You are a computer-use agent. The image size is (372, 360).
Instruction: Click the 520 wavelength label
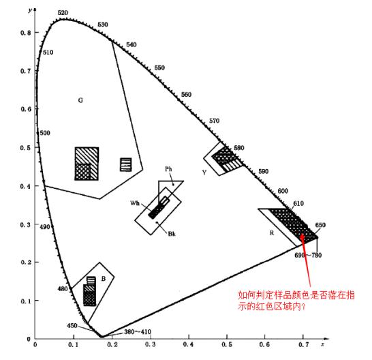pos(63,13)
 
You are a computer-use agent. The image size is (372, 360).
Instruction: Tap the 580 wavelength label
pos(239,148)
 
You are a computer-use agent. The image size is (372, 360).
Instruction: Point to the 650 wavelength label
pos(320,225)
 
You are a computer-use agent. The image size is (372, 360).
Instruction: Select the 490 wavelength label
pos(45,227)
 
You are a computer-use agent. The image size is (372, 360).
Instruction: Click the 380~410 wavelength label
pos(138,331)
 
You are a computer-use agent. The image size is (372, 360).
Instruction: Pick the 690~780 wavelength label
pos(308,255)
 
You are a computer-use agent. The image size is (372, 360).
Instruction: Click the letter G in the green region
pos(80,100)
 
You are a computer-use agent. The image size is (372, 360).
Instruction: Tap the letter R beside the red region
pos(272,233)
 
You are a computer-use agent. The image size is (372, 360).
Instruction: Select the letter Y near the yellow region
pos(204,172)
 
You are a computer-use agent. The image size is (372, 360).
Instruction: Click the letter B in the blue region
pos(104,279)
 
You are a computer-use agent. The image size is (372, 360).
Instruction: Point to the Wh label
pos(135,203)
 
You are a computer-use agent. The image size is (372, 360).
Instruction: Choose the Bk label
pos(172,234)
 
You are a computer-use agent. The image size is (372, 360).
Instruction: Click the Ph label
pos(168,169)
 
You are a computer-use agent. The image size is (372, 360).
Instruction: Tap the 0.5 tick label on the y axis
pos(26,148)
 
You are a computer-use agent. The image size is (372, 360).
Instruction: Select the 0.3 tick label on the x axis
pos(151,344)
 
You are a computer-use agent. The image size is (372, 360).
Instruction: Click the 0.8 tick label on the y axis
pos(26,33)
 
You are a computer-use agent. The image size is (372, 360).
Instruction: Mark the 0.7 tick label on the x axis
pos(304,344)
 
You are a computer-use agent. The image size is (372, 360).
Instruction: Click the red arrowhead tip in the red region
pos(302,234)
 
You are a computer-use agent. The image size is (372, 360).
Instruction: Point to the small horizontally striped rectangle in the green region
pos(126,164)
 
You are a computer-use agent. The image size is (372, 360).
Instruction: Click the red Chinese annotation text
pos(296,301)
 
